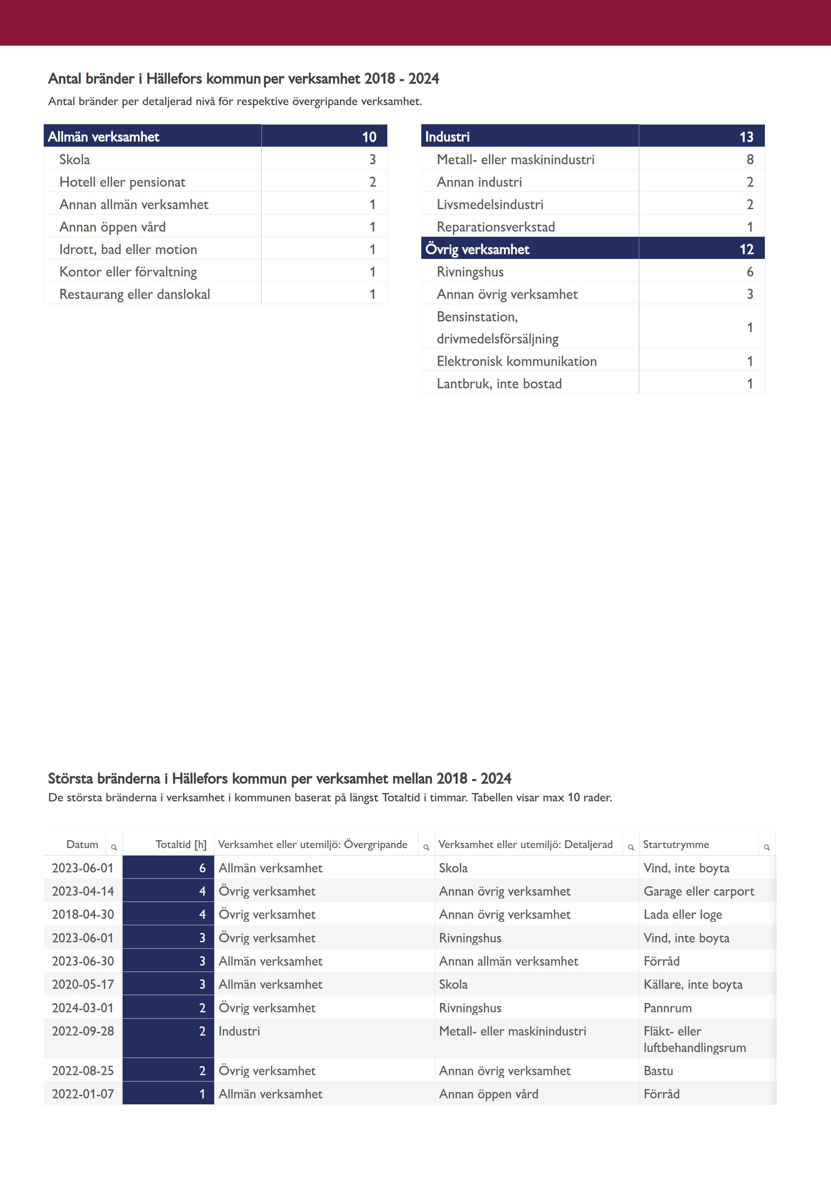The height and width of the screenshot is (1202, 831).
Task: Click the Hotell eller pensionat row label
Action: [122, 182]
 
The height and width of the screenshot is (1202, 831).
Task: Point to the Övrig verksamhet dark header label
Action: [477, 249]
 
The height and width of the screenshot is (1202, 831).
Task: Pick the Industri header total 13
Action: [746, 137]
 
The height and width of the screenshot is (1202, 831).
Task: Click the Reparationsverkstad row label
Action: [496, 227]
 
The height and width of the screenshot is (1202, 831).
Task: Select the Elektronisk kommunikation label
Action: [517, 361]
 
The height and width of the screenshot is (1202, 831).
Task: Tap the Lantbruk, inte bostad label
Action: [499, 383]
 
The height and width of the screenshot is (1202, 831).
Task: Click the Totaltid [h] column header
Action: [181, 844]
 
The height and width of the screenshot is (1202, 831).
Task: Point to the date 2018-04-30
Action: [83, 914]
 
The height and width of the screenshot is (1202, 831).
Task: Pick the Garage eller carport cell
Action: [698, 891]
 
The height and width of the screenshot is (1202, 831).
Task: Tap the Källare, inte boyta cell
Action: [692, 984]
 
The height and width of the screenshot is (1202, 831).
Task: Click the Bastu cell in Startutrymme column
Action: [658, 1071]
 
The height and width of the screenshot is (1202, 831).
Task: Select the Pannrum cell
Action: [668, 1008]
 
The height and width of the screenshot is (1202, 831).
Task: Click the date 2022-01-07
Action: [83, 1094]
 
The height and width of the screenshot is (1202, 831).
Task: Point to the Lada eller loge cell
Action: [682, 914]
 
